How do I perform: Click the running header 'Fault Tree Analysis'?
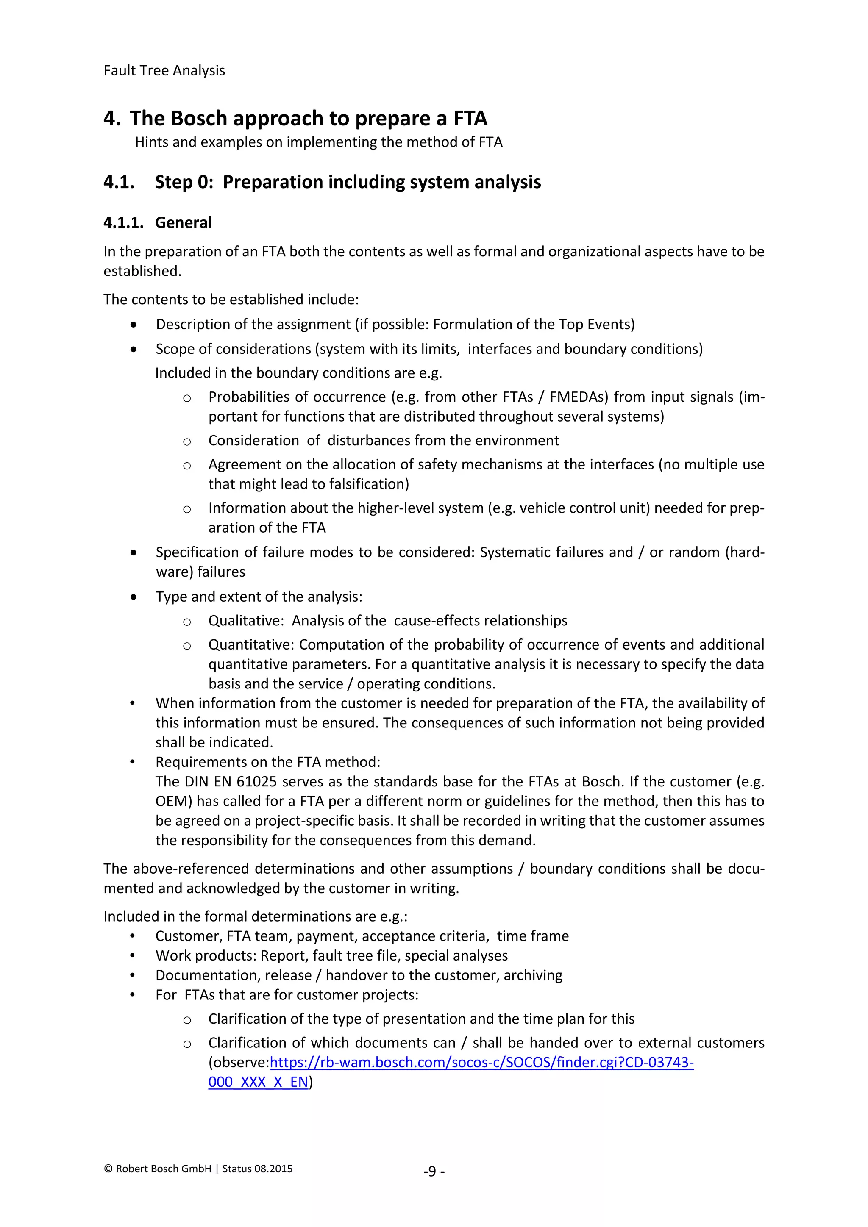click(x=164, y=70)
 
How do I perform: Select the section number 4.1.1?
click(x=123, y=222)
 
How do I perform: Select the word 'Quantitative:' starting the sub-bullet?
click(x=251, y=644)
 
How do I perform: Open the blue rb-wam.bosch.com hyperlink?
click(x=481, y=1063)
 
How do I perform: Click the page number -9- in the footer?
click(x=434, y=1171)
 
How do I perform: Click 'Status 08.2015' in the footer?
click(x=257, y=1169)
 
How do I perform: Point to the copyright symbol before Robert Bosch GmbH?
click(x=108, y=1169)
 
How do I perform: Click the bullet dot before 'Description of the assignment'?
click(x=133, y=325)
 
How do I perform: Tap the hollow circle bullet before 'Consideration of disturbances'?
click(x=186, y=441)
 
